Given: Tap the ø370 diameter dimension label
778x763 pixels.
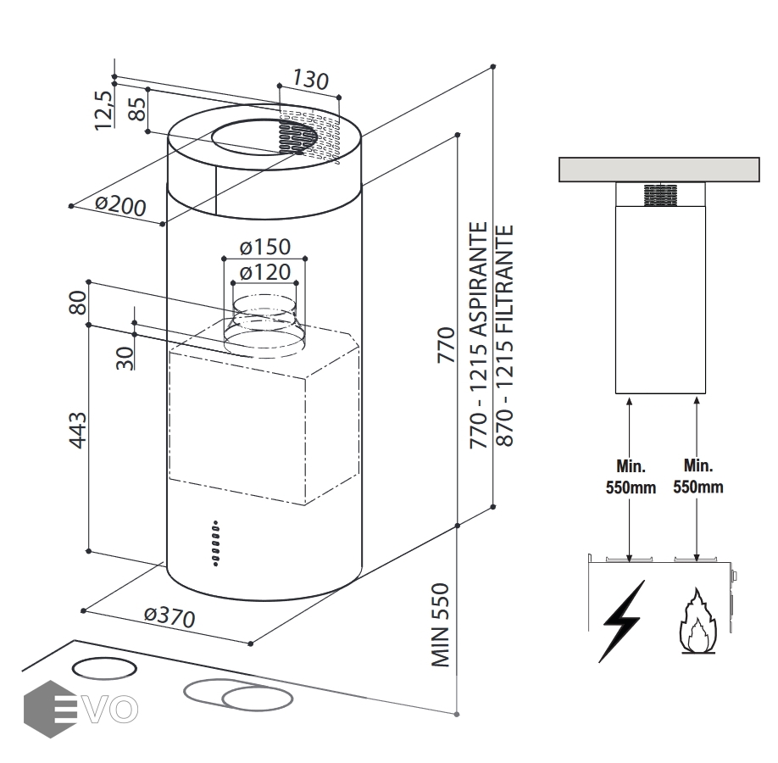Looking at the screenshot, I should tap(169, 616).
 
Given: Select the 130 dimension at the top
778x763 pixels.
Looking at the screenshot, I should tap(310, 81).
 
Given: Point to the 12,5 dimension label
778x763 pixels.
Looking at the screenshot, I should tap(103, 109).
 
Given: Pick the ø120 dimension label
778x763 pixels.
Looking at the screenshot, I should tap(264, 272).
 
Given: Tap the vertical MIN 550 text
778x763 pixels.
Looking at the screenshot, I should tap(440, 625).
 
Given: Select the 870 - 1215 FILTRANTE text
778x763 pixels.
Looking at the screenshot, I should tap(506, 336).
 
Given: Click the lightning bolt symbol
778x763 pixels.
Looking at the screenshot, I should tap(623, 620).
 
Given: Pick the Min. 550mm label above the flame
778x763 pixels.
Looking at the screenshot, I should tap(697, 476).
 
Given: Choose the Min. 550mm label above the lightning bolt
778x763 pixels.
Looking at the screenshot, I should tap(630, 476).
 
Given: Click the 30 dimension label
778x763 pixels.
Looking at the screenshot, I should tap(125, 358).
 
